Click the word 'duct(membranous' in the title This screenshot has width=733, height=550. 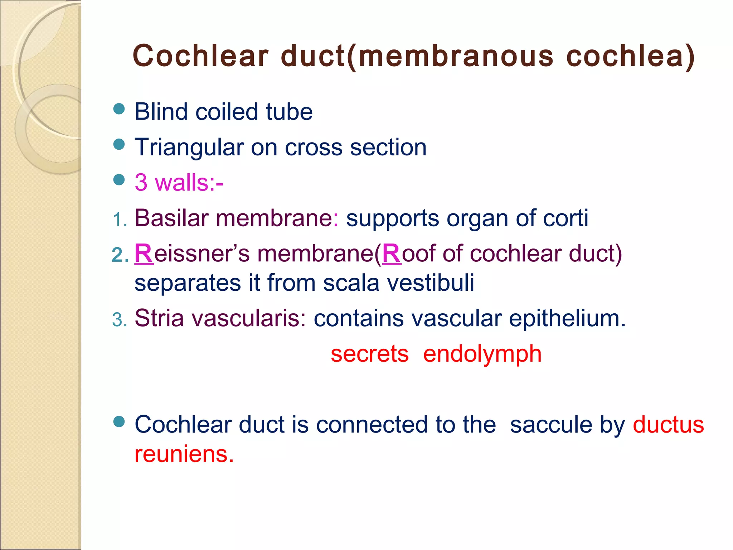click(x=417, y=56)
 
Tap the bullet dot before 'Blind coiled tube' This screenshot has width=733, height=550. click(x=119, y=109)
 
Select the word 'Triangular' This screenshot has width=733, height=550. click(x=189, y=147)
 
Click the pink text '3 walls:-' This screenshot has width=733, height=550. click(x=179, y=182)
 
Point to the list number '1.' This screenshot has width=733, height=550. click(x=120, y=219)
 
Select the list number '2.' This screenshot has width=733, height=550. click(x=120, y=255)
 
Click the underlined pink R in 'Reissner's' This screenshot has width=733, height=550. click(x=144, y=254)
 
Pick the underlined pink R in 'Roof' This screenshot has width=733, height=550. click(x=392, y=254)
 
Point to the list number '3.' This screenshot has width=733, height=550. click(x=120, y=319)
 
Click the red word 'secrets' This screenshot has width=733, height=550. click(x=369, y=354)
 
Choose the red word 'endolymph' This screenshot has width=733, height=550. click(x=482, y=354)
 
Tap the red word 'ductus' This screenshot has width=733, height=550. click(x=668, y=425)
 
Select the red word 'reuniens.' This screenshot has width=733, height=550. click(x=184, y=454)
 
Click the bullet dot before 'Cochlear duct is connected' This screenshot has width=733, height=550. click(x=119, y=422)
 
